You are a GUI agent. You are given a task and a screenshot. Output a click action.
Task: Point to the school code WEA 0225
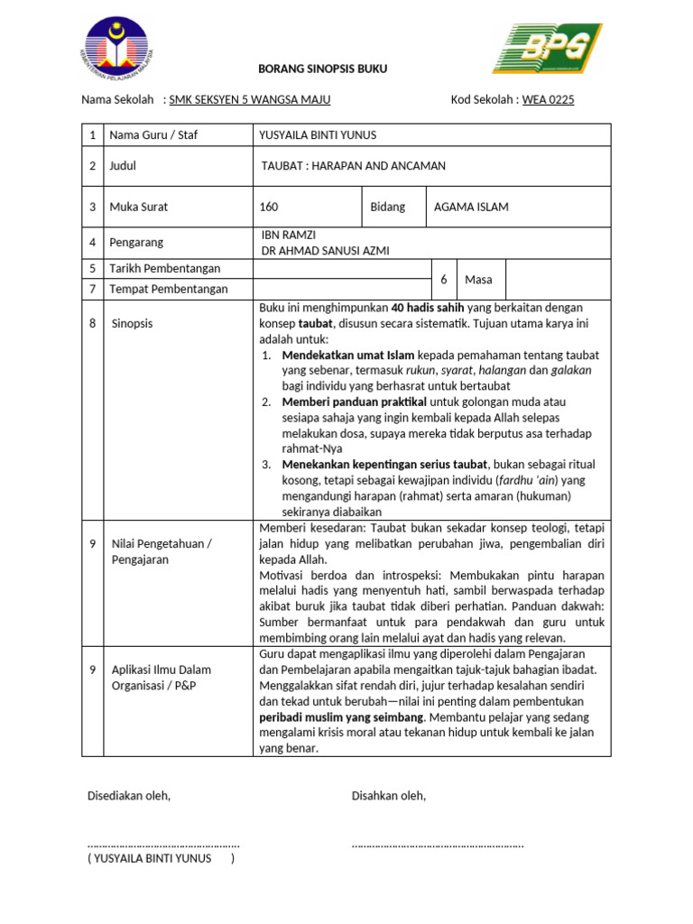tap(548, 99)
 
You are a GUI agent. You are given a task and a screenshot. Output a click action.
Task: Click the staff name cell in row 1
tap(318, 135)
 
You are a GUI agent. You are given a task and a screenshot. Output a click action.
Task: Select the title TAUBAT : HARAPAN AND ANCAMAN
tap(353, 166)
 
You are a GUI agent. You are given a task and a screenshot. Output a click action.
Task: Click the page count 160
tap(269, 207)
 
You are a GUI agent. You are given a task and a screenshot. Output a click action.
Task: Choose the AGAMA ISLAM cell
tap(471, 207)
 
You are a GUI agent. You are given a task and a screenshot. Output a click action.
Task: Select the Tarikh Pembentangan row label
tap(164, 269)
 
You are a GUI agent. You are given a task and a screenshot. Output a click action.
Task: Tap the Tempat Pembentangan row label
tap(168, 290)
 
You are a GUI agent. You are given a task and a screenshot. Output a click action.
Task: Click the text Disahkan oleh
tap(388, 796)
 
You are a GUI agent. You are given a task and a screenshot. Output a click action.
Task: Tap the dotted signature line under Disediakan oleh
tap(163, 844)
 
